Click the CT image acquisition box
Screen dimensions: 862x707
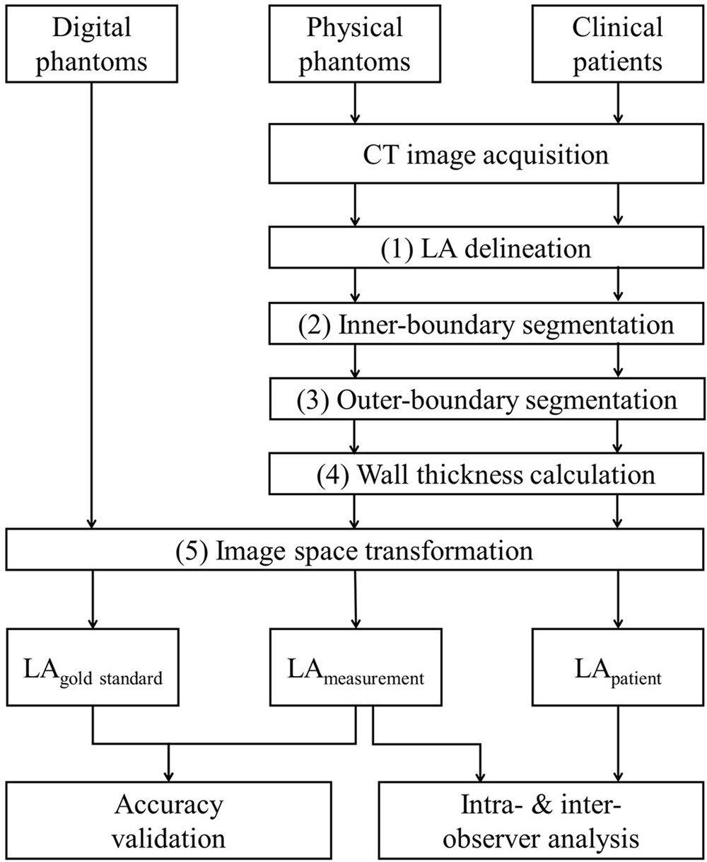pos(486,154)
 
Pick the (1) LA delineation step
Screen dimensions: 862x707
pos(486,249)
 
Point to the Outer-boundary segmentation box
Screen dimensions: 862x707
pos(486,400)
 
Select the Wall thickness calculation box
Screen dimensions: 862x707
pos(486,474)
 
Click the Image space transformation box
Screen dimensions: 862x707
pos(353,549)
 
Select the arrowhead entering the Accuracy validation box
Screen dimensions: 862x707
pos(169,773)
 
